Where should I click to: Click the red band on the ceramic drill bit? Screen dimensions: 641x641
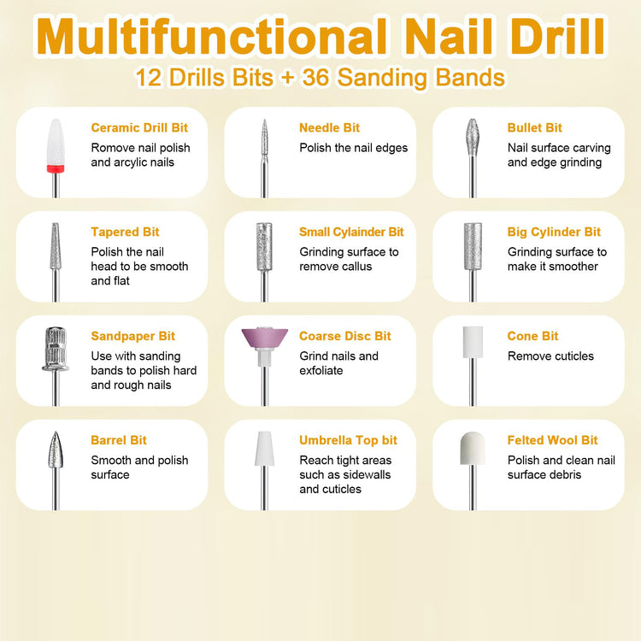tap(56, 169)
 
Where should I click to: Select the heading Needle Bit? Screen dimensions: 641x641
tap(329, 128)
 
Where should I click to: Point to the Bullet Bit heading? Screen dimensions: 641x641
tap(535, 128)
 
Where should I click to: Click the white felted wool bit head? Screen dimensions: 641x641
tap(473, 448)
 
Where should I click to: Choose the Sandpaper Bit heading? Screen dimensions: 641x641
tap(132, 336)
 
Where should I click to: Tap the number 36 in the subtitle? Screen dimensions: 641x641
tap(315, 77)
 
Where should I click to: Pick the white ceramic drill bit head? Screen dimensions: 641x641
tap(56, 142)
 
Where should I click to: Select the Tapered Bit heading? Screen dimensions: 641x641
tap(125, 232)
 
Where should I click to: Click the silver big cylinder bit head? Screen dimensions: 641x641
tap(473, 246)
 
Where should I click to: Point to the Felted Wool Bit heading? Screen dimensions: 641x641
tap(552, 440)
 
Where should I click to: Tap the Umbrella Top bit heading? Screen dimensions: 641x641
tap(348, 440)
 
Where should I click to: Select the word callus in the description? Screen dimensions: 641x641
tap(354, 267)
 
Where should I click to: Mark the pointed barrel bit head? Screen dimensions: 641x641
tap(56, 450)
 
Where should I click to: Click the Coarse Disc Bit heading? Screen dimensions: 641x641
tap(345, 336)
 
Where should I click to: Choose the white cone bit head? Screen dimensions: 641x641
tap(473, 342)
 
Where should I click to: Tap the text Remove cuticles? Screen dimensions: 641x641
tap(550, 356)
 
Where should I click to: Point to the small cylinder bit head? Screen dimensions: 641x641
tap(264, 246)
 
